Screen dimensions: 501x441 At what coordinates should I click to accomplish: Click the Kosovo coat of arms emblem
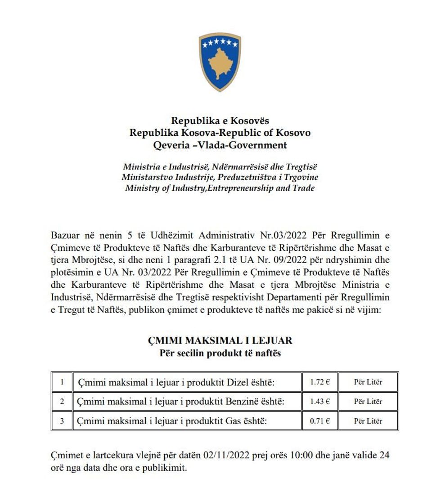220,62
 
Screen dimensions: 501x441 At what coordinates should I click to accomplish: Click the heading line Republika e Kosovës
220,121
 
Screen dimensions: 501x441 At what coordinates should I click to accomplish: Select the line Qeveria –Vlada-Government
220,145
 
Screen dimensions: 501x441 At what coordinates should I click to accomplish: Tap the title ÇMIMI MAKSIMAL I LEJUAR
220,340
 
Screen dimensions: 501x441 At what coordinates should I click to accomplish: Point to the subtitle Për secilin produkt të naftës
220,353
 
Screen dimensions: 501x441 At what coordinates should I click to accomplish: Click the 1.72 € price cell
320,382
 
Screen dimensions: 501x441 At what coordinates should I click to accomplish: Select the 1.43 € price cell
320,402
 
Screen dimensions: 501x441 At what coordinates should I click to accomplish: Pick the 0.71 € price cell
320,421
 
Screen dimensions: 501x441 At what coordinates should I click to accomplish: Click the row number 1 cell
62,382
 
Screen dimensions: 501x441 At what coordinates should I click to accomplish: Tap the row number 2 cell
62,402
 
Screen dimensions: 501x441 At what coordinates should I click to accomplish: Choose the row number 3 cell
62,421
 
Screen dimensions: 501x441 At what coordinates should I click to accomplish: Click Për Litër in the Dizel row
368,382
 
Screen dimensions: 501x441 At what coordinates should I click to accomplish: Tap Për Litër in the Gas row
368,421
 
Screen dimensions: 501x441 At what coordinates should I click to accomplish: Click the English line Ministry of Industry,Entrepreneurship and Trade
220,188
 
